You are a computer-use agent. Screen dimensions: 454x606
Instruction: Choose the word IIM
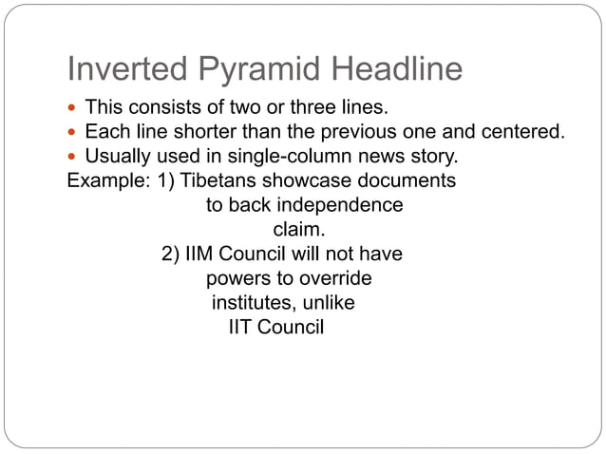203,255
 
